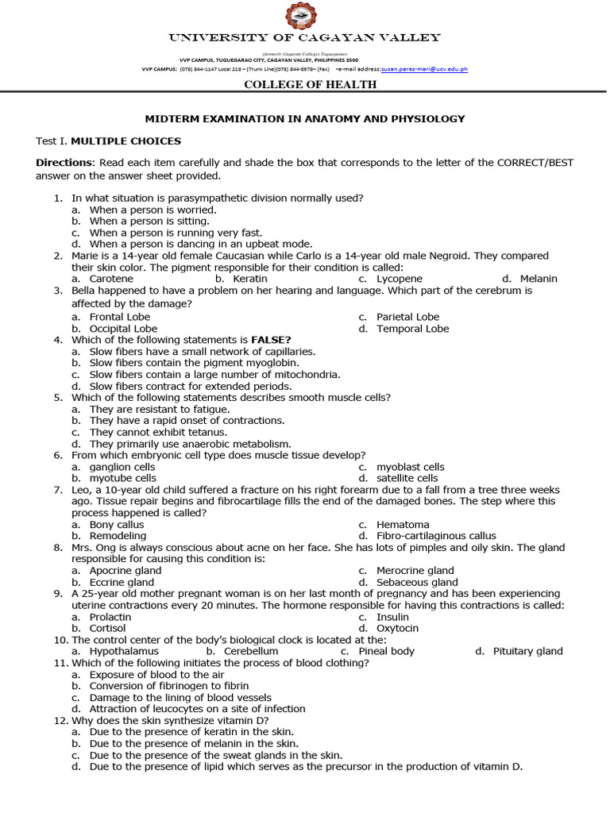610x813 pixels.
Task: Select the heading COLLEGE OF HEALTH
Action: pyautogui.click(x=304, y=85)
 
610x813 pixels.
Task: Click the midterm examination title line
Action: pyautogui.click(x=304, y=119)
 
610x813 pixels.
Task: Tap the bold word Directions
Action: pyautogui.click(x=64, y=163)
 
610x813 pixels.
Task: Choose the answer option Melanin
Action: pyautogui.click(x=539, y=279)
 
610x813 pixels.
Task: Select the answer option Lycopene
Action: pyautogui.click(x=399, y=279)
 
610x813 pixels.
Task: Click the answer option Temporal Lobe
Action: pyautogui.click(x=412, y=329)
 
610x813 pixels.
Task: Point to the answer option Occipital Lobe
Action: pyautogui.click(x=123, y=329)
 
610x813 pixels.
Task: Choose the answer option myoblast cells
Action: pyautogui.click(x=410, y=467)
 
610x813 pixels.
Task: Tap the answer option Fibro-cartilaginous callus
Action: pyautogui.click(x=436, y=536)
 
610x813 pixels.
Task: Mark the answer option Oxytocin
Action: pyautogui.click(x=398, y=628)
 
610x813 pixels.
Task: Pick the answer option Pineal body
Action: pyautogui.click(x=386, y=651)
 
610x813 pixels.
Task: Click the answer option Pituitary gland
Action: pyautogui.click(x=527, y=651)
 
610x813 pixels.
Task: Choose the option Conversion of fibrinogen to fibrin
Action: pyautogui.click(x=169, y=685)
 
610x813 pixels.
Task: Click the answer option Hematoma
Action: pyautogui.click(x=403, y=525)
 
